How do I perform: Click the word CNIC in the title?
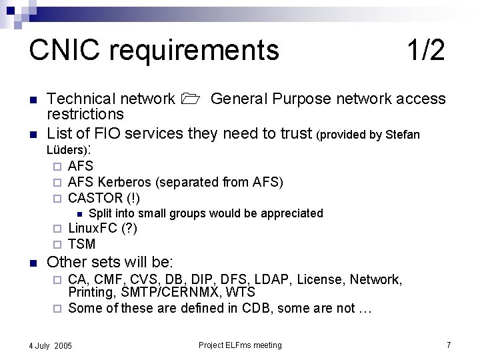(x=63, y=50)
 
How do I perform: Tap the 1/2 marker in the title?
(x=425, y=50)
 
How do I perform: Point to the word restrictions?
(x=85, y=114)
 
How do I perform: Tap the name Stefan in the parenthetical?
(x=402, y=135)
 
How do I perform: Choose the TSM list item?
(x=82, y=244)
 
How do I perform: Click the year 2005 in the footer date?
(x=63, y=346)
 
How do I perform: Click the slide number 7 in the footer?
(x=449, y=345)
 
